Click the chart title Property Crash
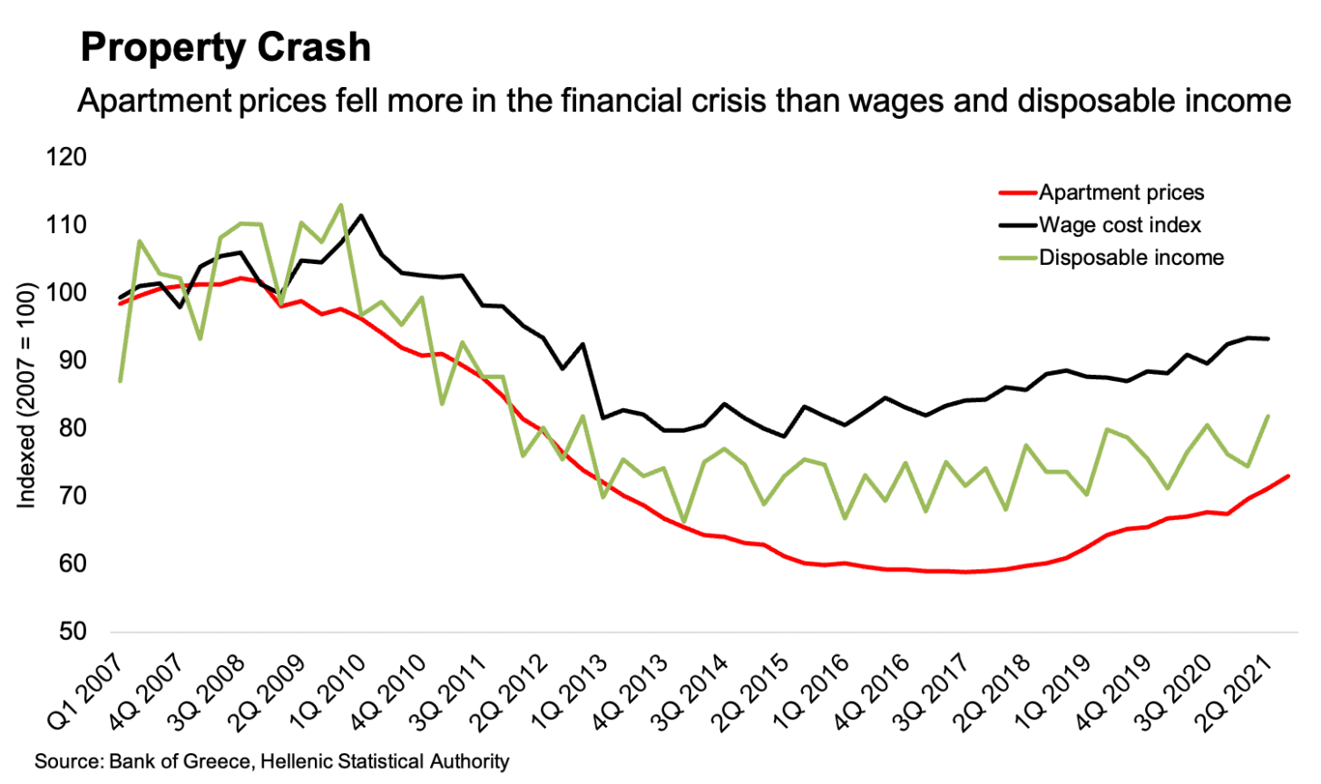pos(226,47)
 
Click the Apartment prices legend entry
pos(1121,192)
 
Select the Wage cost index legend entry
pos(1120,225)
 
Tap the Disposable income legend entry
pos(1131,258)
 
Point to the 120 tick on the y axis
pos(66,157)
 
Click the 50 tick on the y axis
pos(73,632)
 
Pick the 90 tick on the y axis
pos(73,360)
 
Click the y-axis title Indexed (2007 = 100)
pos(27,396)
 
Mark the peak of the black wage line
pos(361,215)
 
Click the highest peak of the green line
pos(341,204)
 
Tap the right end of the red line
pos(1288,475)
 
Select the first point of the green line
pos(121,380)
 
